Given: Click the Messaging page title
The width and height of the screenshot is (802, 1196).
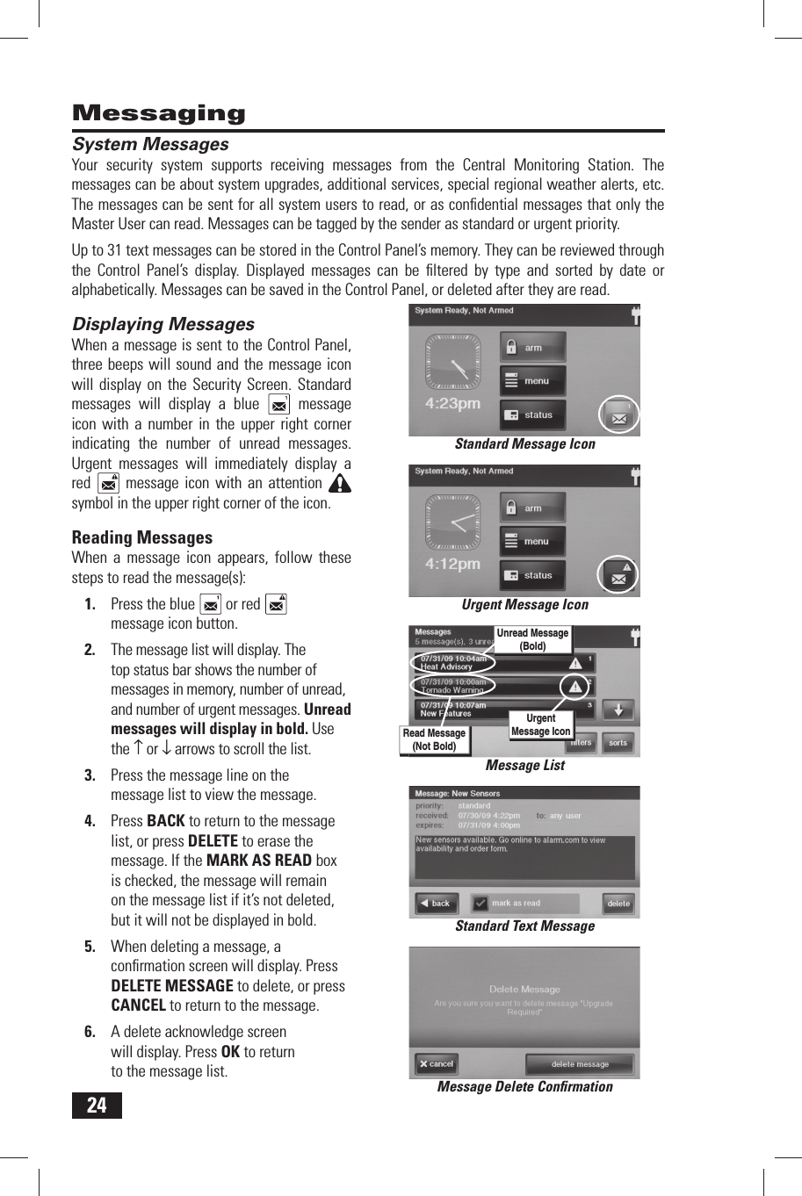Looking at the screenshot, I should tap(159, 113).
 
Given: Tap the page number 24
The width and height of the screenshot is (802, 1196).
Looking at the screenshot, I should tap(97, 1105).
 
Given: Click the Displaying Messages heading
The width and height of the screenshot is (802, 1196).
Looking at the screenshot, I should tap(163, 324).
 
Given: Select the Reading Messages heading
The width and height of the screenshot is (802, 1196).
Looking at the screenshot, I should tap(141, 537).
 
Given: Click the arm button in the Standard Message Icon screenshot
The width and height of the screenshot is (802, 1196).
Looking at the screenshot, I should tap(532, 348).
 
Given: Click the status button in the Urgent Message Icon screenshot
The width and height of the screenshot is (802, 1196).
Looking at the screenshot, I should tap(532, 576).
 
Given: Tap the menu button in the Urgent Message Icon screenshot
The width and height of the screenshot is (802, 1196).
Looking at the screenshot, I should tap(532, 542).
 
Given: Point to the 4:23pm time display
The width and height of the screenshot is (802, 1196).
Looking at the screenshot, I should tap(452, 403).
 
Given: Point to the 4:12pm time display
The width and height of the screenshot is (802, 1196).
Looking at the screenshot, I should tap(452, 564).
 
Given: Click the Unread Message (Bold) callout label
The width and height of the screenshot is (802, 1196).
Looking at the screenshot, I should tap(532, 639).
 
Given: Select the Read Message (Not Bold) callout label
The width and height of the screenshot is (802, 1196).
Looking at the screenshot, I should tap(434, 739).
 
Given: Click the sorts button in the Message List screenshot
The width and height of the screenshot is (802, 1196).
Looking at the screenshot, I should tap(618, 743).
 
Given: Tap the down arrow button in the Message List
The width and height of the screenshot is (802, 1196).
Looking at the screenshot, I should tap(618, 710).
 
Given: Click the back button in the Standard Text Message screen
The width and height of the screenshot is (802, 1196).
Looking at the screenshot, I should tap(436, 903).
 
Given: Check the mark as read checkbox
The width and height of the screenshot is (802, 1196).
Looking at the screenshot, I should tap(480, 903).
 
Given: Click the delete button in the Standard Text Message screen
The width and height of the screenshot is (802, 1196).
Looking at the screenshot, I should tap(618, 903).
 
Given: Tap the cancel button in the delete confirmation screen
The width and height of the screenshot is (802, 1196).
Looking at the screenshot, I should tap(437, 1064).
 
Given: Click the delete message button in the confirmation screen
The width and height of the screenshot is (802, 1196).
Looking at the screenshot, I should tap(580, 1064).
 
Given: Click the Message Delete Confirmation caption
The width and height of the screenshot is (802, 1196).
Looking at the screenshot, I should tap(524, 1087).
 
